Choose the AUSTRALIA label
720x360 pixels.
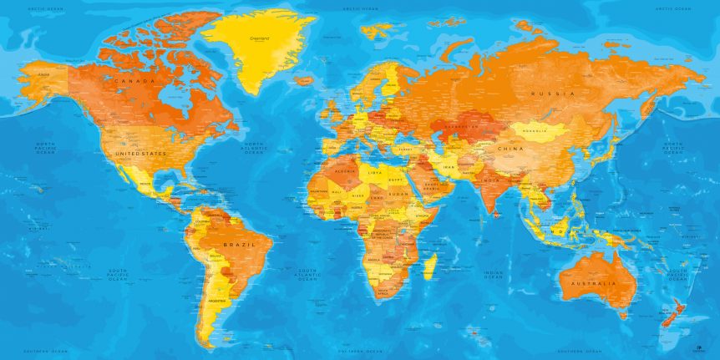pos(592,284)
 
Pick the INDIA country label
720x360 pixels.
pos(489,180)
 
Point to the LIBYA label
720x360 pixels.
pos(375,173)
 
